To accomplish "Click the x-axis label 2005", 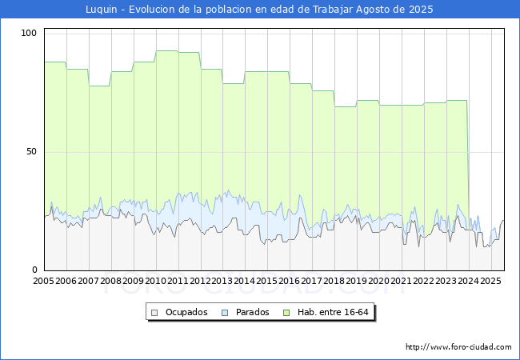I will pyautogui.click(x=44, y=282).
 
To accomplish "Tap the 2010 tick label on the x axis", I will pyautogui.click(x=155, y=282).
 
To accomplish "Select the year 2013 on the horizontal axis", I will pyautogui.click(x=222, y=282).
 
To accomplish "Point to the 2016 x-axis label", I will pyautogui.click(x=290, y=282).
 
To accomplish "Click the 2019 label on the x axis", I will pyautogui.click(x=357, y=282).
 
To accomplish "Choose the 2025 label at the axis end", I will pyautogui.click(x=490, y=282).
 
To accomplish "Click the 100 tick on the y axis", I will pyautogui.click(x=30, y=33).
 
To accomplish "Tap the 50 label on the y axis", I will pyautogui.click(x=32, y=151).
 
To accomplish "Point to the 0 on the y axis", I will pyautogui.click(x=34, y=270).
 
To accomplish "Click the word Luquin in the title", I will pyautogui.click(x=102, y=10).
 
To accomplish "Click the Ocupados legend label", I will pyautogui.click(x=186, y=312).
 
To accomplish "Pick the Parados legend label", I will pyautogui.click(x=252, y=312).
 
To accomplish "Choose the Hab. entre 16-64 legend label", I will pyautogui.click(x=334, y=312).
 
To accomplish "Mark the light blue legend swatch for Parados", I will pyautogui.click(x=226, y=312).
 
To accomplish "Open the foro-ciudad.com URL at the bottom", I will pyautogui.click(x=458, y=347).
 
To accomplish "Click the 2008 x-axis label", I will pyautogui.click(x=111, y=282).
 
